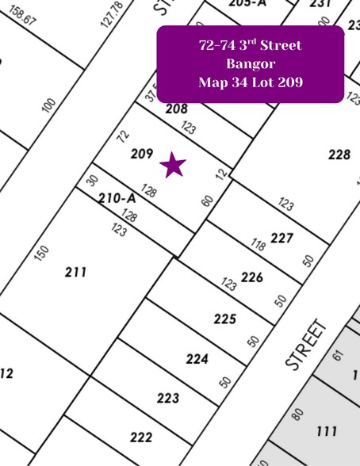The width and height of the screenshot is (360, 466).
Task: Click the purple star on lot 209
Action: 173,165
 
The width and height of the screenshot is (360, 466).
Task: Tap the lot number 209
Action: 142,154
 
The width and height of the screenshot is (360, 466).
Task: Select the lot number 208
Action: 177,109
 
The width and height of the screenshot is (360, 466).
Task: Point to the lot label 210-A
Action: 117,198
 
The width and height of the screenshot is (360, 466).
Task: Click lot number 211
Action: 76,273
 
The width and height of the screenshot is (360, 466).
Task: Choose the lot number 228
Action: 339,155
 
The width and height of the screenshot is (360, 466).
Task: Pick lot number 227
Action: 281,237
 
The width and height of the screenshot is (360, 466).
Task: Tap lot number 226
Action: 252,277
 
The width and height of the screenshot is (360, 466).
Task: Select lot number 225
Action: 225,319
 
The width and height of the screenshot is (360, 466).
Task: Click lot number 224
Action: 197,359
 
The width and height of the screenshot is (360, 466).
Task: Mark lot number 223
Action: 168,398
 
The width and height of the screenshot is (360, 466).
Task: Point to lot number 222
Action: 141,437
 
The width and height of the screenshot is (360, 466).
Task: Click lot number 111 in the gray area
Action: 327,432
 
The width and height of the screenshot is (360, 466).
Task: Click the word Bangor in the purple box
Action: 250,63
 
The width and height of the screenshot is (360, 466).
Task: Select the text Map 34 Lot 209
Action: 250,82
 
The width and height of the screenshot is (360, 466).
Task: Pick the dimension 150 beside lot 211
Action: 43,253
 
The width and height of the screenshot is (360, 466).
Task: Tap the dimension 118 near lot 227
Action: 258,245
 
